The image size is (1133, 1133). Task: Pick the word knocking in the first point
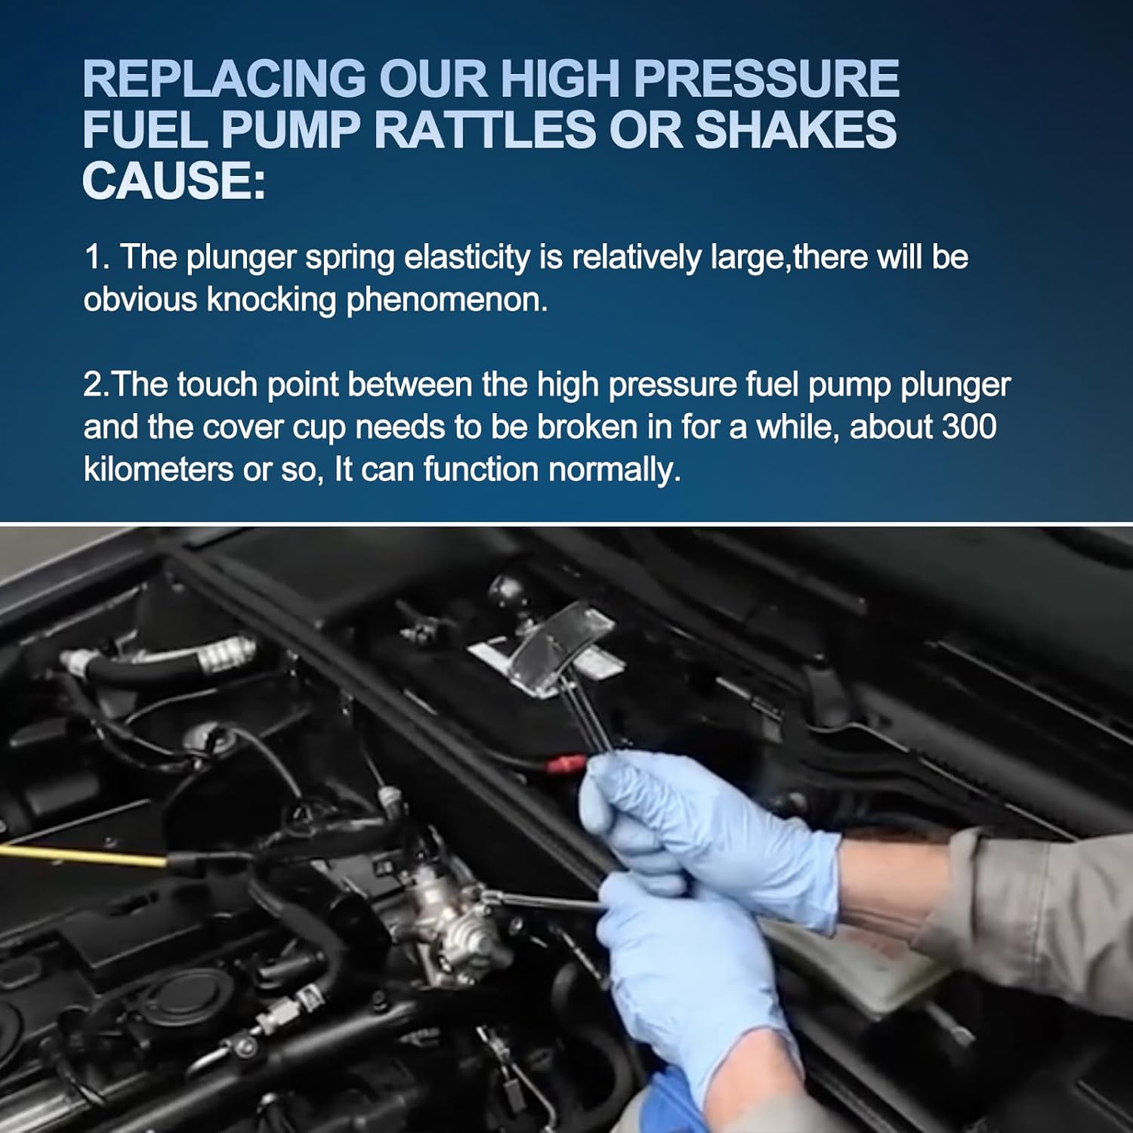click(x=271, y=301)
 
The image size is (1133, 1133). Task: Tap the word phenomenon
click(x=446, y=301)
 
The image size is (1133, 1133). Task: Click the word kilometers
click(x=158, y=469)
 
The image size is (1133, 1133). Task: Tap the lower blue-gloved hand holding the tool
click(x=680, y=982)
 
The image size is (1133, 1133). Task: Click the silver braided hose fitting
click(x=227, y=653)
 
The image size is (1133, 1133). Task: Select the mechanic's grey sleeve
click(x=1042, y=906)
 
